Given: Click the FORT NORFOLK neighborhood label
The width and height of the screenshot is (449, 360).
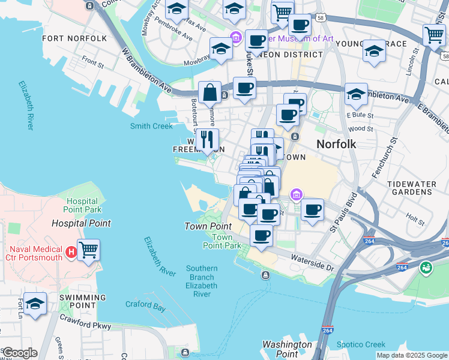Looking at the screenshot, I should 74,38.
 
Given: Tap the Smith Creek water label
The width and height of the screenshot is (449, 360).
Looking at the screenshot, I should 151,126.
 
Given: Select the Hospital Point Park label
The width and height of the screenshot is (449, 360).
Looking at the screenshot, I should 83,206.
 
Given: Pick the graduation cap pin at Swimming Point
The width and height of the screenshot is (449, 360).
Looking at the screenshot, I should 35,304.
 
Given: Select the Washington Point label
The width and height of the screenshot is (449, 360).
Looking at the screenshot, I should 287,349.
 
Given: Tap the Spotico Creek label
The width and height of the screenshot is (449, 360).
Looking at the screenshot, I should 362,344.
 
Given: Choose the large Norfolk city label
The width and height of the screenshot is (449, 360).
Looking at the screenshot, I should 336,144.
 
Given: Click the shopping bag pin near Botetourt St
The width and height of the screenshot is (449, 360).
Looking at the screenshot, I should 209,92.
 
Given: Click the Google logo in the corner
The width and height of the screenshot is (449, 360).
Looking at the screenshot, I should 19,353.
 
